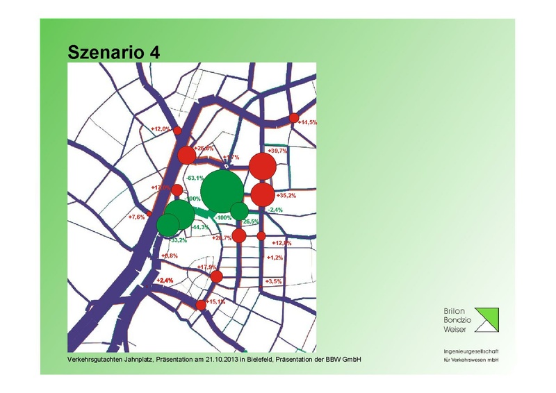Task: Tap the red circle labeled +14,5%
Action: [x=294, y=118]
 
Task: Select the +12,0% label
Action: [x=161, y=129]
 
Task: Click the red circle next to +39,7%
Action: [x=263, y=165]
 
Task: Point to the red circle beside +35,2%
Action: [x=263, y=195]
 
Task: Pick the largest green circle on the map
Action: [x=222, y=192]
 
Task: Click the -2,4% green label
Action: [x=275, y=210]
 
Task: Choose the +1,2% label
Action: [x=275, y=258]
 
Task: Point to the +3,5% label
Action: [x=275, y=281]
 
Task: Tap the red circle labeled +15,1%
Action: [x=201, y=305]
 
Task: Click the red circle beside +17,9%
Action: [x=216, y=277]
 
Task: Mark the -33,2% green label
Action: [x=178, y=240]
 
